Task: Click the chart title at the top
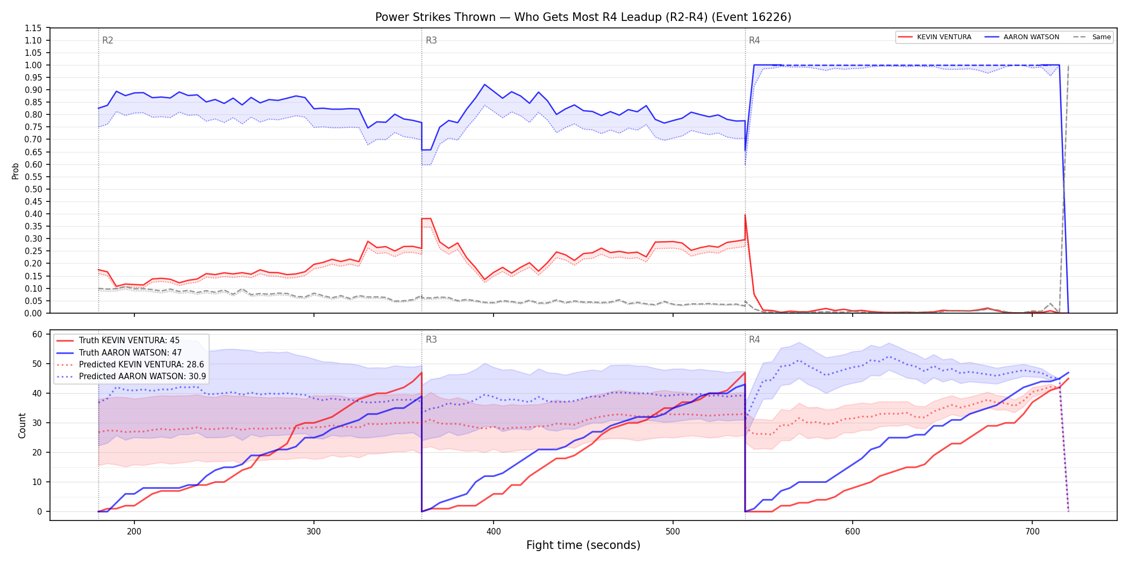coord(583,17)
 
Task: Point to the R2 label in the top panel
coord(108,40)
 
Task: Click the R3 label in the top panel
coord(431,40)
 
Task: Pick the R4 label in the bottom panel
coord(754,339)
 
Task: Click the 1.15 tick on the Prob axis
coord(33,28)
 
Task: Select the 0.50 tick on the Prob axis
coord(33,189)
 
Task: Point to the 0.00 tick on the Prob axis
coord(33,313)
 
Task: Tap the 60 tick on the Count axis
coord(37,334)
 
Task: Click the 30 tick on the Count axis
coord(37,423)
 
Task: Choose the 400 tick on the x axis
coord(494,532)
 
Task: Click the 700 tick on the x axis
coord(1032,532)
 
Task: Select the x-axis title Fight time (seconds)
coord(583,545)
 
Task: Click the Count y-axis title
coord(22,425)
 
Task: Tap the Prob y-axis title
coord(16,171)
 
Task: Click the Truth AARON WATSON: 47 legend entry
coord(131,353)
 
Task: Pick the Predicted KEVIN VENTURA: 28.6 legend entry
coord(131,365)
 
